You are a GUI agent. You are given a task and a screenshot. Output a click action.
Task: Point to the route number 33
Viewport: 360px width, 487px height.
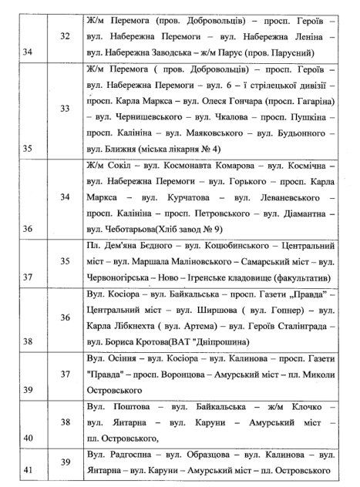(64, 109)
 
